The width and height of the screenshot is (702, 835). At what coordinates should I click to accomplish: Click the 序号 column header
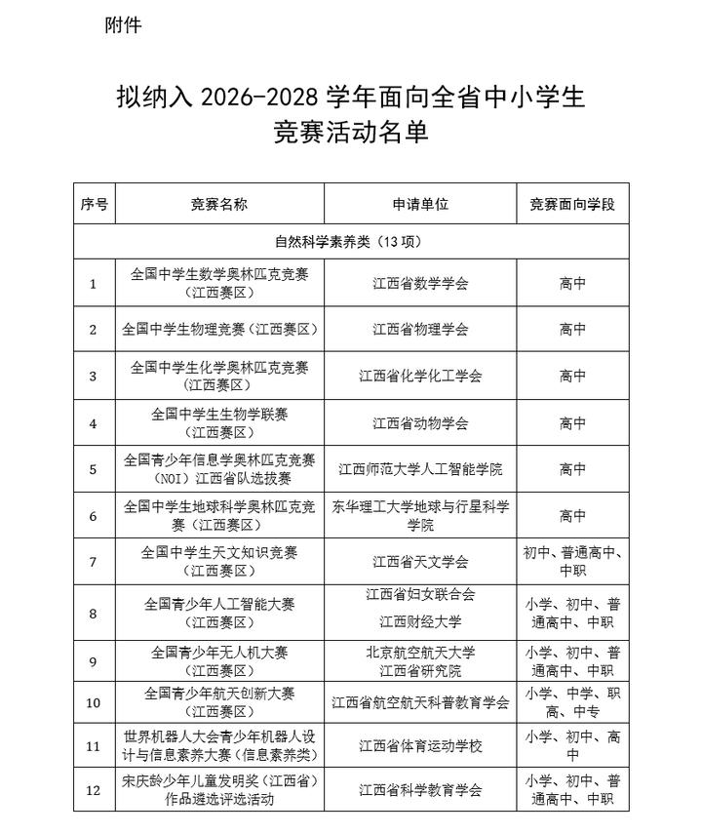(94, 205)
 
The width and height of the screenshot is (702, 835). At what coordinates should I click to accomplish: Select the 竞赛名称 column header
(219, 205)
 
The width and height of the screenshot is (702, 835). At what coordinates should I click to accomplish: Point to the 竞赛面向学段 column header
(572, 205)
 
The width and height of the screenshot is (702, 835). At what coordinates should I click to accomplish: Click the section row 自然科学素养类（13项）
(348, 241)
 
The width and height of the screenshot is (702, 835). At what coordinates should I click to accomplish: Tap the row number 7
(94, 562)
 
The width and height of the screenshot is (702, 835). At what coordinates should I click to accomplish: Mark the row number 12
(94, 790)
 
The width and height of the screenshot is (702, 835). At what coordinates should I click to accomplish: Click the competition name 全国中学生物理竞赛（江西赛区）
(219, 330)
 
